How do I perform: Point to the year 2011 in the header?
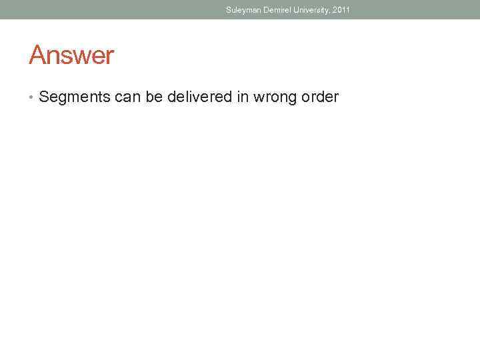point(341,10)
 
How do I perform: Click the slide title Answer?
point(71,55)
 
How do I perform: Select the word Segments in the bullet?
point(74,97)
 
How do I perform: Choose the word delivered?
point(197,97)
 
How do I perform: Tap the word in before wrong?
point(241,97)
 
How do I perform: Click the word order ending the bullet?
point(320,97)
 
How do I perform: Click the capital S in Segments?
point(44,97)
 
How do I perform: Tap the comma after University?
point(331,12)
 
